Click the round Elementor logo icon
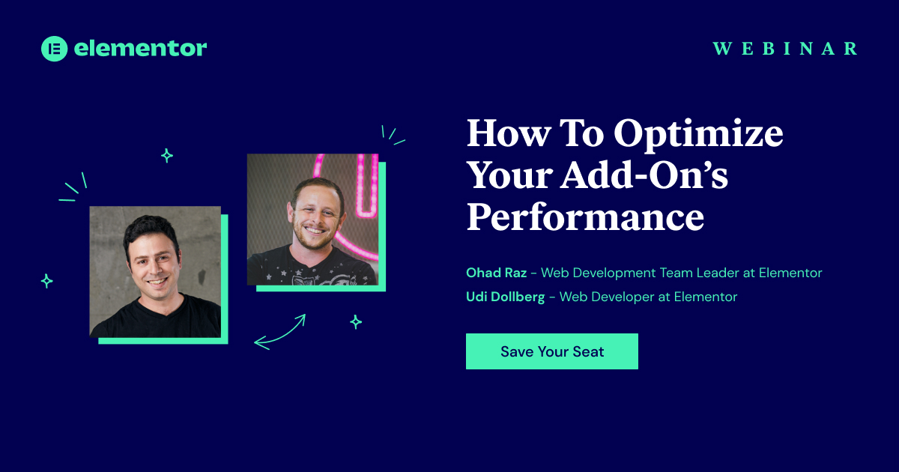coord(54,49)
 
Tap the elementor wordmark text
coord(141,48)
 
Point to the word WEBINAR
coord(785,49)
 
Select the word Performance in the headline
coord(586,217)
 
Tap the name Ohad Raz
coord(497,273)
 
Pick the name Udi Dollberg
coord(505,297)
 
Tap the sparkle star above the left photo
coord(167,155)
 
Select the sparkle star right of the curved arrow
coord(356,322)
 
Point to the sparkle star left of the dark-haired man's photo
coord(47,281)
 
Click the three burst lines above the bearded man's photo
coord(393,136)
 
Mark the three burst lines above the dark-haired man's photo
coord(73,187)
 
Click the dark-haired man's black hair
coord(150,231)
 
